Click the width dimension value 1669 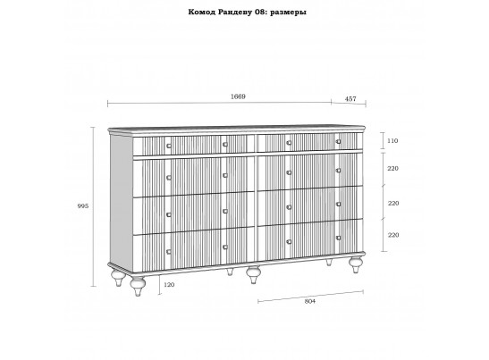238,96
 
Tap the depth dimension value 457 350,99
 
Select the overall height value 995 83,206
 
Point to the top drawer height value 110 392,141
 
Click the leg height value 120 169,285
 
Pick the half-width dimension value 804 310,301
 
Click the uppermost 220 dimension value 393,168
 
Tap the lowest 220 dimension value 393,235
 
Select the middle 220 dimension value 393,203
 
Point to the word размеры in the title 288,13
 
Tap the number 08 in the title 260,13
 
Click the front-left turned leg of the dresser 138,286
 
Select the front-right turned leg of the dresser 356,264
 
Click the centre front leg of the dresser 253,274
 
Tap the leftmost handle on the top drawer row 169,146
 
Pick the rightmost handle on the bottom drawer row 339,238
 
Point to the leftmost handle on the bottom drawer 169,252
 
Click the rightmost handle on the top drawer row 339,141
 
